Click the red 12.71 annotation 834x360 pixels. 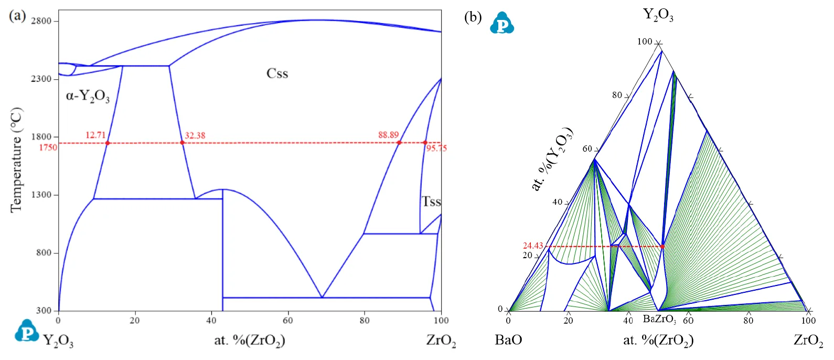click(95, 135)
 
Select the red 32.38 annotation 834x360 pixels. click(195, 135)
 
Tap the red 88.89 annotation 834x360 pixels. click(388, 135)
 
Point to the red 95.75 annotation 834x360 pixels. click(436, 149)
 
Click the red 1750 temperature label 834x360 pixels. click(48, 147)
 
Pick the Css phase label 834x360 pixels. click(277, 73)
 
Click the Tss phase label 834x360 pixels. click(431, 202)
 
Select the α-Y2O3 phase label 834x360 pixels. click(88, 97)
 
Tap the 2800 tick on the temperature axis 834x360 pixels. click(41, 21)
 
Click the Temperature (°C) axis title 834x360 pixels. click(16, 160)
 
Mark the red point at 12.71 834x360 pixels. click(108, 143)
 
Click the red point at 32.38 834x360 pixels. click(183, 142)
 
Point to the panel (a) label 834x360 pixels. click(17, 15)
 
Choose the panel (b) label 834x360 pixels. click(473, 17)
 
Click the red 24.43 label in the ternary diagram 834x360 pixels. click(533, 246)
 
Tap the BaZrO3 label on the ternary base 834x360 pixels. click(659, 319)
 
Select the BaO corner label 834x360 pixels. click(508, 340)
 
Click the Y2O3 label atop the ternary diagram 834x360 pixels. click(658, 15)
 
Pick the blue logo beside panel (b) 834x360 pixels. click(502, 23)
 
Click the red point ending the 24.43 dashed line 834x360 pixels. click(662, 246)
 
